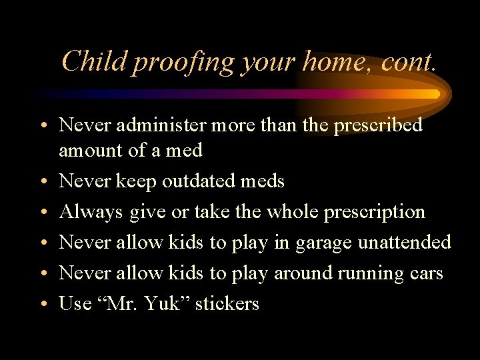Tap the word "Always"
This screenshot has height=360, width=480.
pos(91,212)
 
